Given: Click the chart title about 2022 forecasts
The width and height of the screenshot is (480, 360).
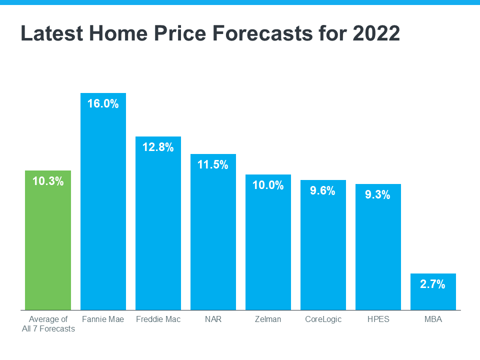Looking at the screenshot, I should click(x=210, y=33).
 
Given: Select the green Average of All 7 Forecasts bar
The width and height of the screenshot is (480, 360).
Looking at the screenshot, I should click(x=48, y=245).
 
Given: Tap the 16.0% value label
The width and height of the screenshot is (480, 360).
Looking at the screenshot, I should click(x=103, y=104).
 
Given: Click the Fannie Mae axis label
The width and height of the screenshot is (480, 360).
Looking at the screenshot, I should click(x=103, y=319).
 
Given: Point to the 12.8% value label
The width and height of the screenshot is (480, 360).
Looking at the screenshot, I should click(x=158, y=147).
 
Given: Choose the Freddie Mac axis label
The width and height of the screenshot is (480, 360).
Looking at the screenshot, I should click(x=158, y=319).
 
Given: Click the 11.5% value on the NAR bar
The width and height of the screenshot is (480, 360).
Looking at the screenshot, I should click(x=213, y=165).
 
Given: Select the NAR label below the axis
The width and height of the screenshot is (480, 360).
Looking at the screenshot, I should click(x=213, y=319).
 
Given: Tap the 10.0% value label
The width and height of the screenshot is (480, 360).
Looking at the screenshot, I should click(x=268, y=185).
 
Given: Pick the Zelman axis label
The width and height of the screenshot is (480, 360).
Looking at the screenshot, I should click(x=268, y=319).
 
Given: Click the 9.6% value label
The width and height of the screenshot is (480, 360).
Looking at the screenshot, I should click(x=323, y=190).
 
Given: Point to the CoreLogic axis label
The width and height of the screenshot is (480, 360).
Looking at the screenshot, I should click(x=323, y=319).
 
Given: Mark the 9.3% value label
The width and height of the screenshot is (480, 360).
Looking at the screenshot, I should click(x=378, y=195).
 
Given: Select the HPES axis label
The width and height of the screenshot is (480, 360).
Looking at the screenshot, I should click(x=378, y=319).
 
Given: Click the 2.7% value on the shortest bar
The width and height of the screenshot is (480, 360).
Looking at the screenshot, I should click(x=433, y=284).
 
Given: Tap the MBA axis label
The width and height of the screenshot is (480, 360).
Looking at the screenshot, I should click(x=433, y=319).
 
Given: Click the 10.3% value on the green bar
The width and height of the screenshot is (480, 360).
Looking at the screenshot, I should click(x=48, y=181).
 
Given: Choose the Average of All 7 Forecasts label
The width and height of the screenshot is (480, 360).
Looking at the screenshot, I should click(x=48, y=323).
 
